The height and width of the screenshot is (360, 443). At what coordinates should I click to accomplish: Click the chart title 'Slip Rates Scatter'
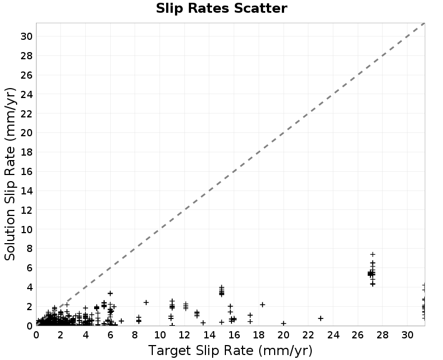(x=221, y=8)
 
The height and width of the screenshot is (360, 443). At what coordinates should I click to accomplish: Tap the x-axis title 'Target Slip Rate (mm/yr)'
(x=230, y=351)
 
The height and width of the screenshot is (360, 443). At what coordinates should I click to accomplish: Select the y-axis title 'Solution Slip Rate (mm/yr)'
(x=10, y=174)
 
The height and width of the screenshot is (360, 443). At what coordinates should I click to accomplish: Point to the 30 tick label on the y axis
(x=27, y=37)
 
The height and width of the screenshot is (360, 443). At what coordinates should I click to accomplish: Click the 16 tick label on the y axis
(x=27, y=172)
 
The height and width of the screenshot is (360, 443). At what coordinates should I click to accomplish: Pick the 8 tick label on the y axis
(x=30, y=249)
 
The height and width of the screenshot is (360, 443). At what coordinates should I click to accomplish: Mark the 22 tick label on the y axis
(x=27, y=114)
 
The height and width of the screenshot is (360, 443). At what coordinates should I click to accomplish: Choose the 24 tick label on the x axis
(x=333, y=335)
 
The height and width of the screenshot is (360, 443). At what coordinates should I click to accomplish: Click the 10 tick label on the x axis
(x=160, y=335)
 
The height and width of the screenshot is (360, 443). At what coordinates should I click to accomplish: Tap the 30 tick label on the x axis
(x=408, y=335)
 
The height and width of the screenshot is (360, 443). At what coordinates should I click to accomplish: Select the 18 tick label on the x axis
(x=259, y=335)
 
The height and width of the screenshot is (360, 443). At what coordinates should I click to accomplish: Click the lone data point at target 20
(x=284, y=323)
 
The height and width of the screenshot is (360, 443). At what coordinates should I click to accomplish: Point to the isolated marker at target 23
(x=321, y=318)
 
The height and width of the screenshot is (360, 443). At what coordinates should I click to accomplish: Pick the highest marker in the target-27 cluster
(x=373, y=254)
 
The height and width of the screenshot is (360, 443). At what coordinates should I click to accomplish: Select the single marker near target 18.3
(x=262, y=305)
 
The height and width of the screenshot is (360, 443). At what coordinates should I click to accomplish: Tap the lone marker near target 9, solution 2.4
(x=146, y=302)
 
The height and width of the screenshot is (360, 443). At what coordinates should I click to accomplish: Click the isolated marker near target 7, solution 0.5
(x=121, y=321)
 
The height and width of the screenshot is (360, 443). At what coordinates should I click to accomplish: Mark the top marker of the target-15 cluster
(x=222, y=287)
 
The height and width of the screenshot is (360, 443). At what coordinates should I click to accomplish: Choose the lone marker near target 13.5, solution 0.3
(x=203, y=323)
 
